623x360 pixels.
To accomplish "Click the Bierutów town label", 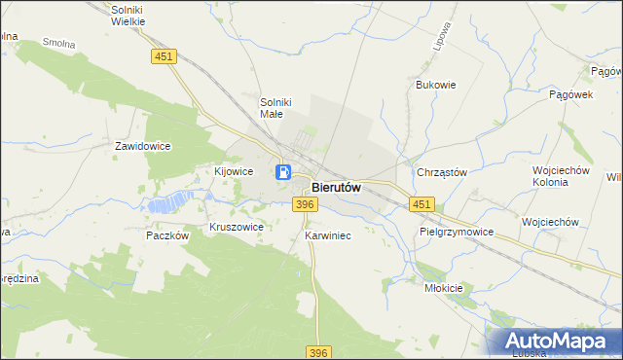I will [337, 188].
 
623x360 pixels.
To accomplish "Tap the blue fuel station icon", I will [282, 172].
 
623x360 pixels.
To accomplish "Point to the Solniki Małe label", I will [276, 107].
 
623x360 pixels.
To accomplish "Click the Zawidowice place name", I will [143, 146].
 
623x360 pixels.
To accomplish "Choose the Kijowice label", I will [234, 170].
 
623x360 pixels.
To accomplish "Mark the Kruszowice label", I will [237, 227].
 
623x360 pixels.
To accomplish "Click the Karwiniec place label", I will [327, 235].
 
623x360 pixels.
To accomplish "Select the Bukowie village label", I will [435, 85].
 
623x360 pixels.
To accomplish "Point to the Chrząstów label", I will [442, 172].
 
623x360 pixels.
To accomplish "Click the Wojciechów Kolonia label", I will [562, 176].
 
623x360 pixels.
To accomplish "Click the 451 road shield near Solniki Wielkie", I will [164, 57].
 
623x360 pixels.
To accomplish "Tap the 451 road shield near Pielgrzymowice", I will [421, 203].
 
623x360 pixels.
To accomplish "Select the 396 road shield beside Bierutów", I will [305, 203].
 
